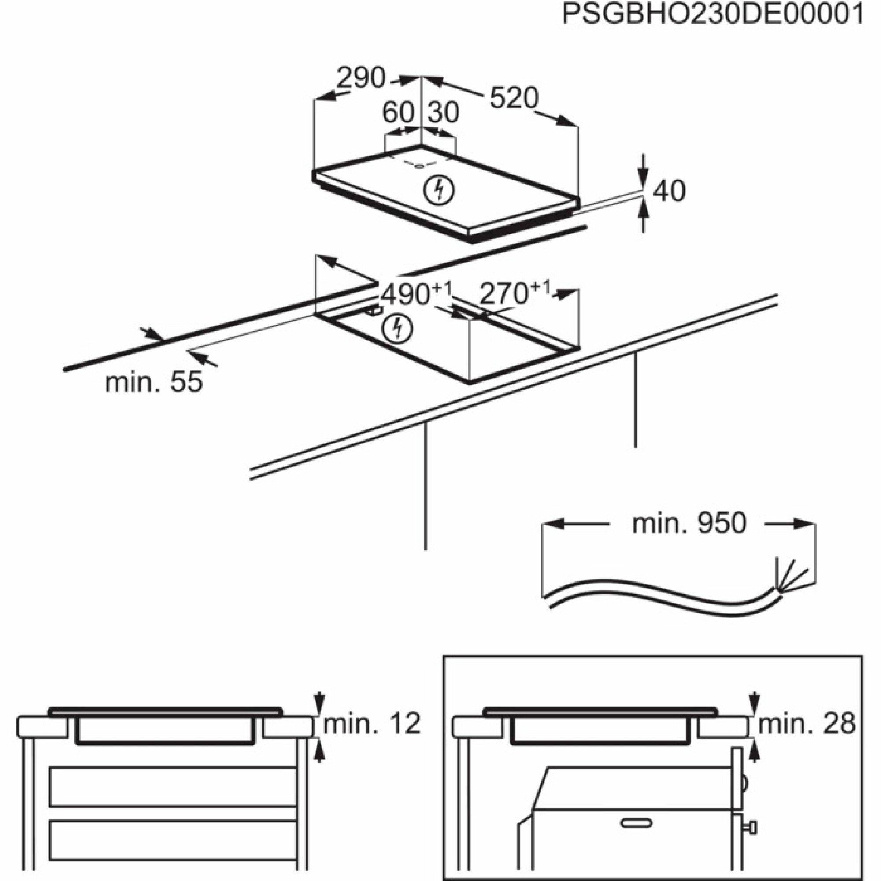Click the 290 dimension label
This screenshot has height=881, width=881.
point(361,78)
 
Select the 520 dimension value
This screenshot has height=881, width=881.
point(514,98)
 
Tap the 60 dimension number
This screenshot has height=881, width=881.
point(398,113)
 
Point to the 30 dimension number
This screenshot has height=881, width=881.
point(443,113)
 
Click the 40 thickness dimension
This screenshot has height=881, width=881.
point(669,192)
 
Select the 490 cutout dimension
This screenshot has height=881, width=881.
point(406,295)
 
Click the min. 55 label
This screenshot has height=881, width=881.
point(154,382)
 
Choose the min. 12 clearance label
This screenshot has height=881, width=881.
point(372,724)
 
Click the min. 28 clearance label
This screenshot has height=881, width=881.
point(807,724)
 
